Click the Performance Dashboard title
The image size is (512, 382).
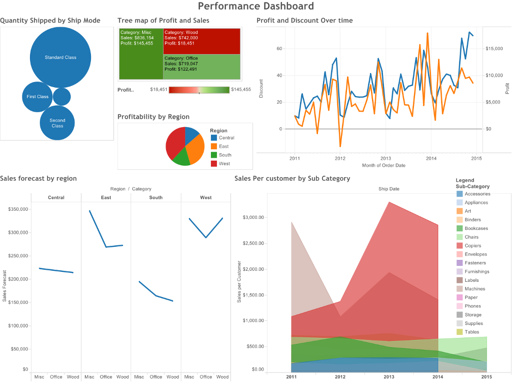tap(255, 6)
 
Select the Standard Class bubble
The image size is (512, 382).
tap(60, 57)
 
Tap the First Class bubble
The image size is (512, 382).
tap(37, 97)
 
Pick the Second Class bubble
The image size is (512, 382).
tap(57, 123)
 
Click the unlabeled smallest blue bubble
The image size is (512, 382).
tap(62, 97)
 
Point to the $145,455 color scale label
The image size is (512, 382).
tap(241, 90)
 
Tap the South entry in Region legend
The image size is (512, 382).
tap(225, 155)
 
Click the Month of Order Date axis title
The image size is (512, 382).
tap(383, 165)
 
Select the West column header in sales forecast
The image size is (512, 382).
tap(205, 198)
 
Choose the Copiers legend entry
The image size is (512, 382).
tap(472, 246)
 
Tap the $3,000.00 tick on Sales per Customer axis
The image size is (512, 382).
tap(253, 218)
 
